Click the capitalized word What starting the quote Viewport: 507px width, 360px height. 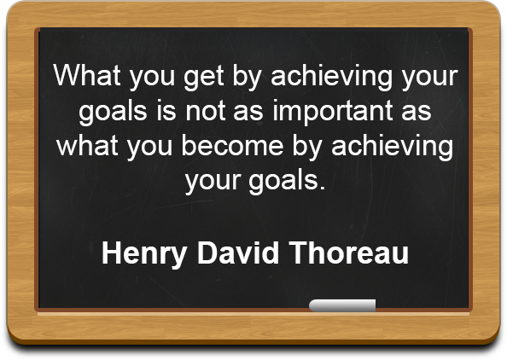coord(87,75)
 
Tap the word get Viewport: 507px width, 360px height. coord(204,78)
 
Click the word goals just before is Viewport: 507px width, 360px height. coord(114,112)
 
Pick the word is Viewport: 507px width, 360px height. coord(166,110)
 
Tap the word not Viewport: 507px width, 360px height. coord(205,112)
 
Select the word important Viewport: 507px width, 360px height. coord(333,112)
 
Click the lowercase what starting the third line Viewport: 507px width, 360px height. coord(87,145)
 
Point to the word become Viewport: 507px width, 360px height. coord(232,145)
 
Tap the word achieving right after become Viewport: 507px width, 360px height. coord(393,147)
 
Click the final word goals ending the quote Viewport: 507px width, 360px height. coord(283,182)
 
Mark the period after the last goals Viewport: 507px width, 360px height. coord(322,187)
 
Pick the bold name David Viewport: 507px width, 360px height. coord(238,253)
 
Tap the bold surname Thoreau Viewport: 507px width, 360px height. coord(349,253)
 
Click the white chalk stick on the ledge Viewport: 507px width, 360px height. coord(342,305)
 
